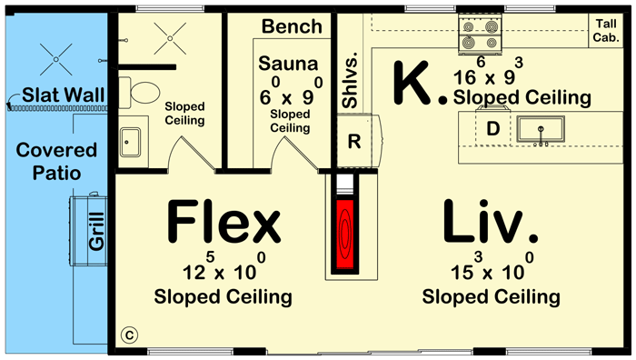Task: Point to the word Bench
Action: pos(292,26)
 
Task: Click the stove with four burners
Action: pos(479,34)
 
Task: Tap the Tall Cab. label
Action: pos(606,31)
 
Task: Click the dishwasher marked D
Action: pos(493,130)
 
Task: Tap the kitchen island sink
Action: pos(542,130)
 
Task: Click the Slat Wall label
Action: pos(61,95)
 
